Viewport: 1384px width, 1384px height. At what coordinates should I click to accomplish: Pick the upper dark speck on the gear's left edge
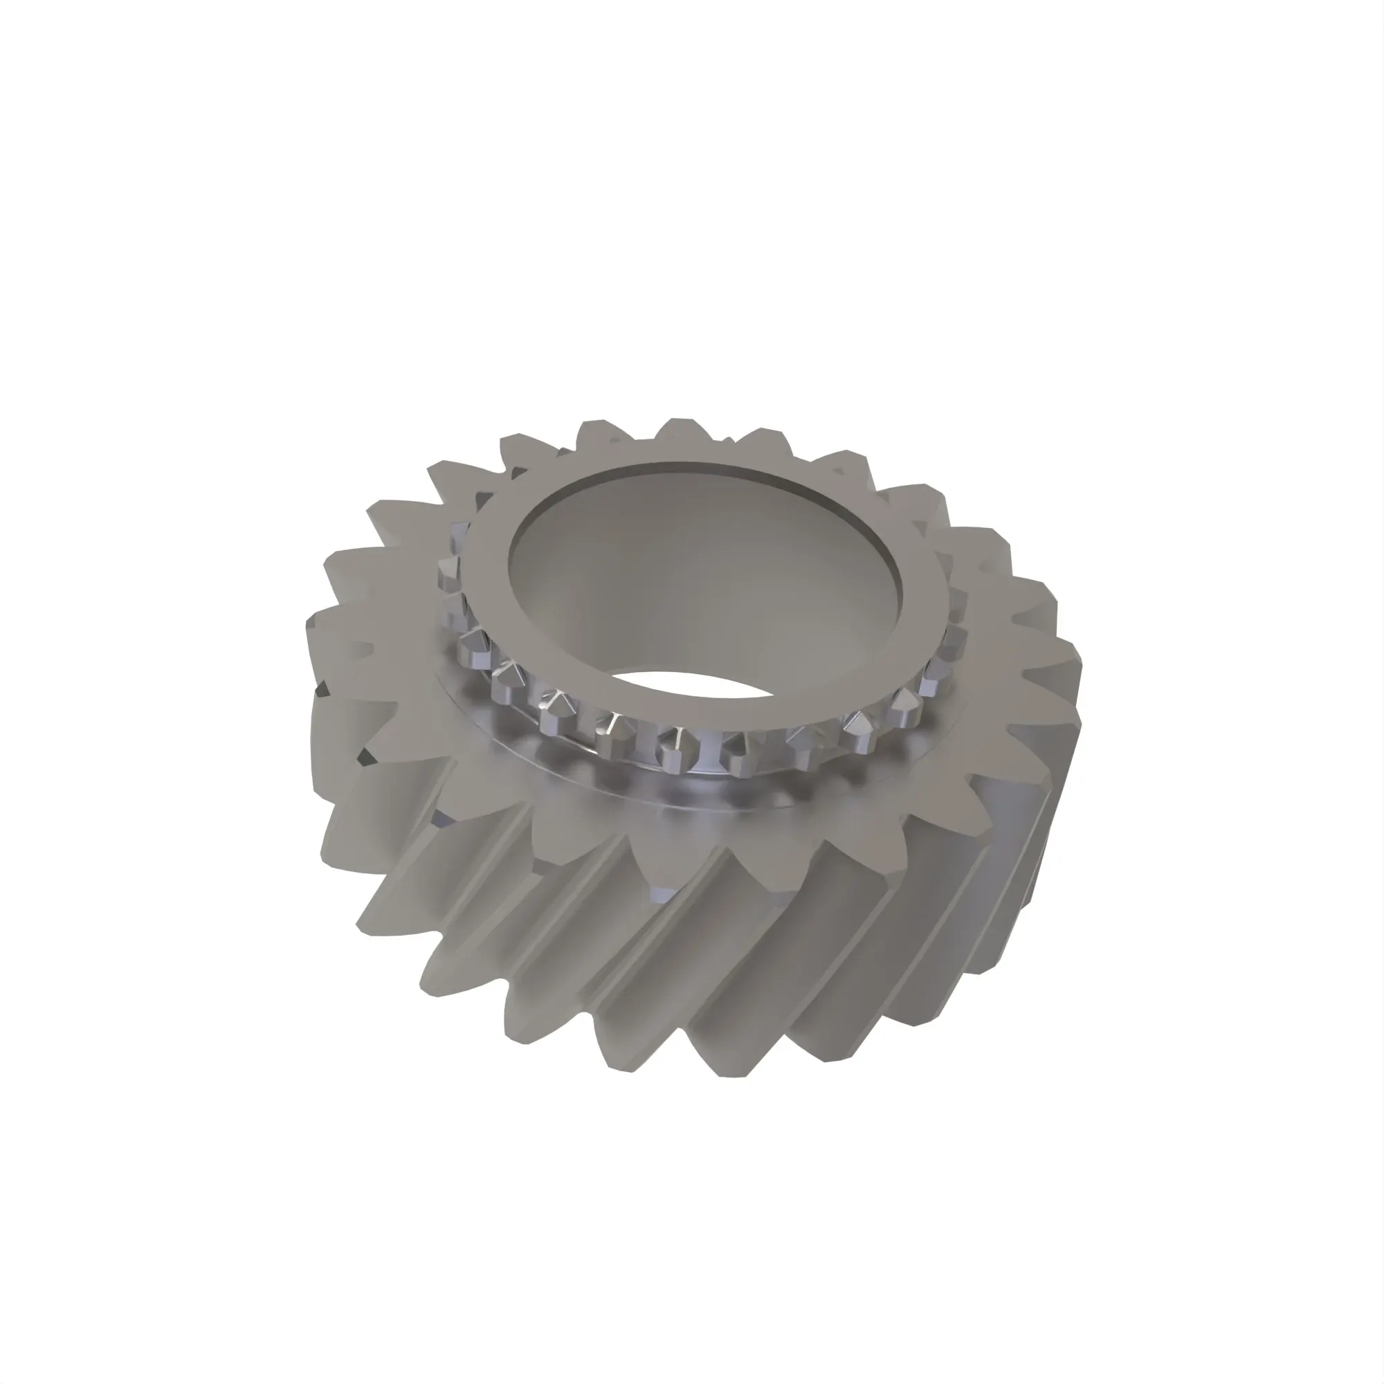click(x=322, y=689)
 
